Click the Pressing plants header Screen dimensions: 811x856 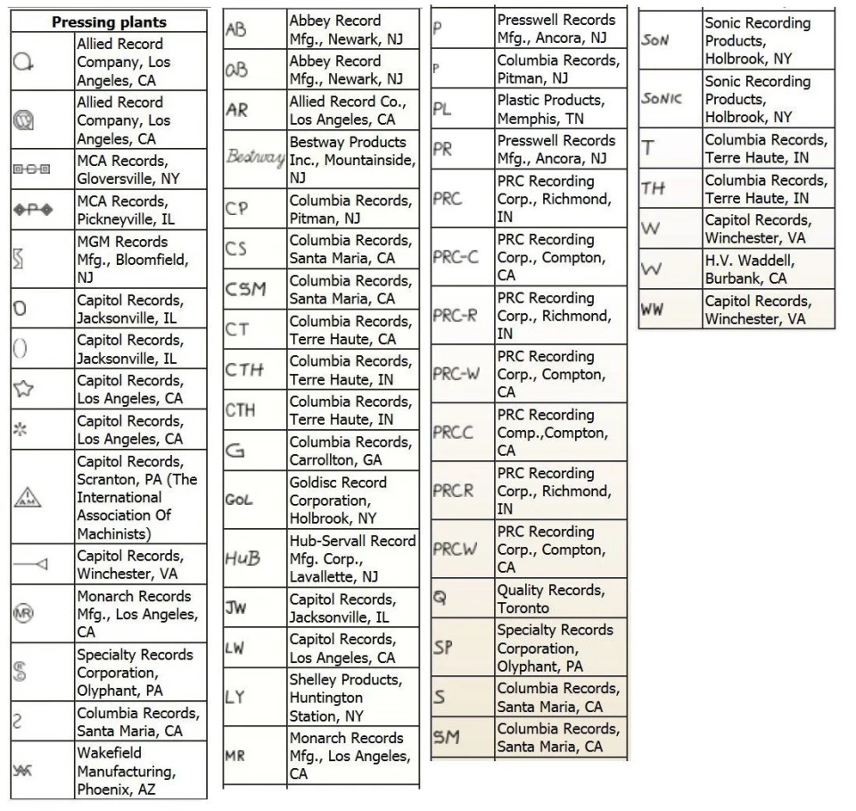click(109, 21)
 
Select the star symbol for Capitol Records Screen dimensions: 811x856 click(22, 389)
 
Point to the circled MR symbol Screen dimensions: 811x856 click(23, 614)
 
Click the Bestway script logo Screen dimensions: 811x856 click(254, 159)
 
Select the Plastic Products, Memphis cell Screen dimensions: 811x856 click(556, 109)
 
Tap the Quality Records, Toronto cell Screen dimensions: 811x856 click(556, 599)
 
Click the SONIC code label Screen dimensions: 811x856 click(661, 98)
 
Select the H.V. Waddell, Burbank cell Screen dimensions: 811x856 click(767, 269)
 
